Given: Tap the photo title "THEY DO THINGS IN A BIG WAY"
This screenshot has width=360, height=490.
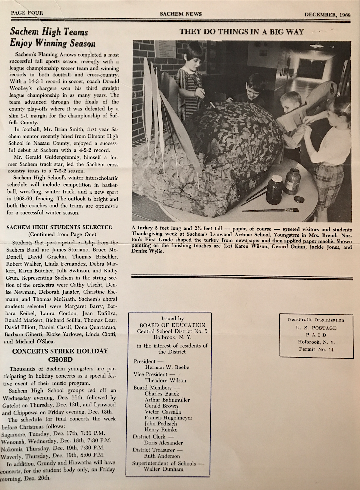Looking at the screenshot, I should click(x=241, y=32).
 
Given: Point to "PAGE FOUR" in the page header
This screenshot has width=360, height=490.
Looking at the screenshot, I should click(x=27, y=13).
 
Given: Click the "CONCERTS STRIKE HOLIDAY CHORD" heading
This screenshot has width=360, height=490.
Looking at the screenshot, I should click(x=60, y=355).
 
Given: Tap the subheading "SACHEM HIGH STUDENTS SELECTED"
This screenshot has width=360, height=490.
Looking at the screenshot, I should click(x=60, y=227).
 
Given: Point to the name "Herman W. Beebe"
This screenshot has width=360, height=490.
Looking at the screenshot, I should click(x=167, y=367).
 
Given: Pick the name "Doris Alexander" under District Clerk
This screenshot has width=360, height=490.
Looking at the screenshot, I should click(x=163, y=443).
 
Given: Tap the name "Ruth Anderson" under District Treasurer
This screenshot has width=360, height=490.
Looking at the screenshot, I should click(x=162, y=456).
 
